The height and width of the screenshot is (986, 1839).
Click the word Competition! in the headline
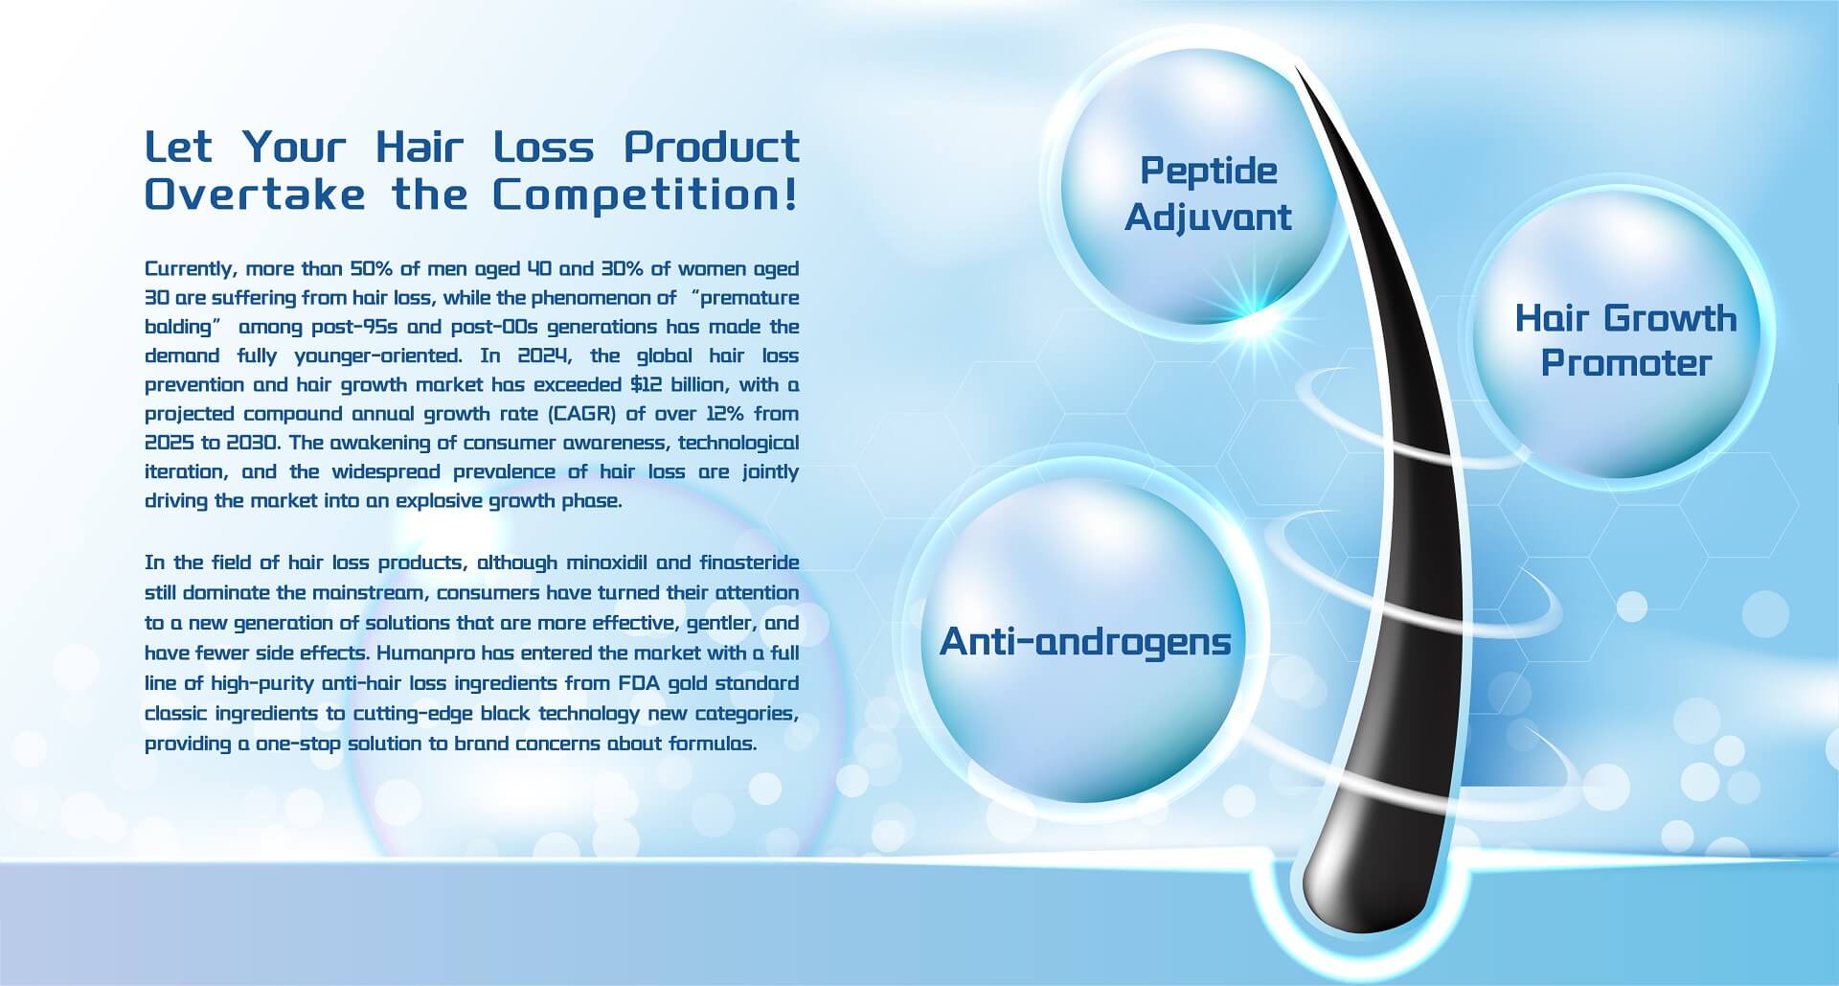(x=646, y=195)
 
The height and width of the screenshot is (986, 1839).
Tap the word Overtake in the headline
(x=255, y=195)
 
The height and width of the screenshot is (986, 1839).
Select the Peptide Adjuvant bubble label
(x=1209, y=194)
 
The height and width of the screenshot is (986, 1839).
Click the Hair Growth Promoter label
(x=1625, y=340)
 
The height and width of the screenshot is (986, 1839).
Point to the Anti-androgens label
(x=1085, y=641)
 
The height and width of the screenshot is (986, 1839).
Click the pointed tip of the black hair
(x=1297, y=68)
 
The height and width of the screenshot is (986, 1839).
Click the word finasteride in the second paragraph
(x=749, y=562)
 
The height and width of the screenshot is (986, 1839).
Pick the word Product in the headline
(x=712, y=147)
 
